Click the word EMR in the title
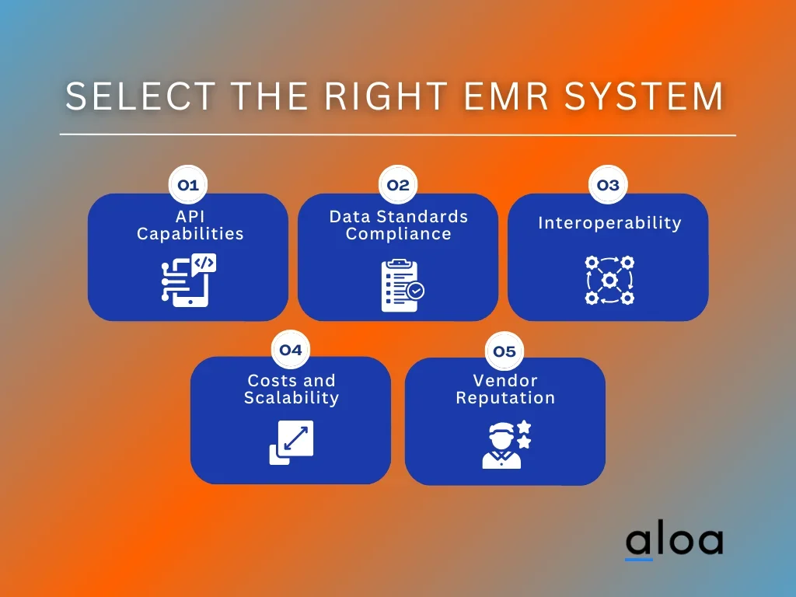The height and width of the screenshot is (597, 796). point(507,96)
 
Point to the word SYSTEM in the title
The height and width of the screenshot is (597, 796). point(644,96)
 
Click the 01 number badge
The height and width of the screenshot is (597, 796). point(188,185)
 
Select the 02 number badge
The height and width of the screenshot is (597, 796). point(398,185)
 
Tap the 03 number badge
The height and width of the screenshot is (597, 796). point(608,185)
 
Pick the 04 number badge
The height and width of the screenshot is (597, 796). point(291,350)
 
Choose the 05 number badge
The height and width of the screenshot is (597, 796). point(504,351)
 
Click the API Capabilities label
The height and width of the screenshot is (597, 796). point(190,225)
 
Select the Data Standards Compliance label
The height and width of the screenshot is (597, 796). point(399,225)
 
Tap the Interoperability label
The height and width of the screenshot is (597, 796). point(609,223)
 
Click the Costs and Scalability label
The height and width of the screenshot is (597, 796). point(292,389)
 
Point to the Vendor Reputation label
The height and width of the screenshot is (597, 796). point(505,389)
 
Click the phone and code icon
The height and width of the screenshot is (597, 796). point(189,280)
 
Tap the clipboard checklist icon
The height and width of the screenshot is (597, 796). point(403,285)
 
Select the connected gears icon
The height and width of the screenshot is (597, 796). point(609,280)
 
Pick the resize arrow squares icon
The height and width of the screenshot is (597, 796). point(292,442)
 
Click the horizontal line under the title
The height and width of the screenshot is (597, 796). point(398,135)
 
